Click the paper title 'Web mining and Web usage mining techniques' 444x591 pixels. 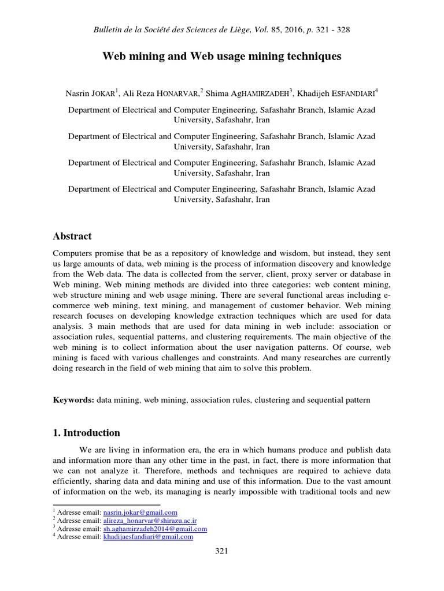click(221, 57)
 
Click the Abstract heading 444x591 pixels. click(72, 236)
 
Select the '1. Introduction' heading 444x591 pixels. click(86, 432)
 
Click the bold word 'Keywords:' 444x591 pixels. click(73, 399)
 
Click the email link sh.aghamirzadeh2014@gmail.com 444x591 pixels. click(155, 528)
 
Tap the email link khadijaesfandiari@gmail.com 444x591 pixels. click(147, 536)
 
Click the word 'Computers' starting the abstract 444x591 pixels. click(72, 253)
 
